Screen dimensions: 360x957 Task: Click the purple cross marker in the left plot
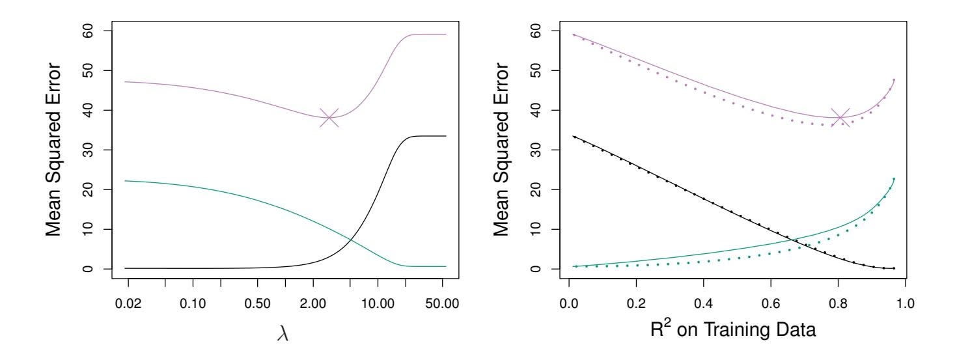(329, 118)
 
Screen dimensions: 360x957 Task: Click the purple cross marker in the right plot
(840, 118)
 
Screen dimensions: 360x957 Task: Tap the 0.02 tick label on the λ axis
(128, 303)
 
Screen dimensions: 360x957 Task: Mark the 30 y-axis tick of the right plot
(534, 150)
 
